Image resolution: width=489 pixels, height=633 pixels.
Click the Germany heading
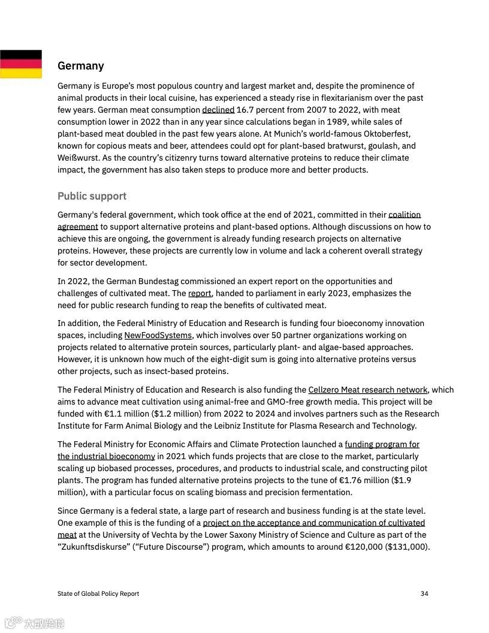pyautogui.click(x=80, y=66)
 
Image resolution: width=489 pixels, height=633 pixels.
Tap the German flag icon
pyautogui.click(x=21, y=64)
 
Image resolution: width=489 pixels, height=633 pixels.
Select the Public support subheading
pyautogui.click(x=92, y=196)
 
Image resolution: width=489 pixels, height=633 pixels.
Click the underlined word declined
pyautogui.click(x=218, y=110)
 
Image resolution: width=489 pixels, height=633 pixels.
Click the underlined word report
pyautogui.click(x=200, y=293)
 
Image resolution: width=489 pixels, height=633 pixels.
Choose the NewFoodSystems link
pyautogui.click(x=158, y=335)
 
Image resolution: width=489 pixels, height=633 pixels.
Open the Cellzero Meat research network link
pyautogui.click(x=367, y=390)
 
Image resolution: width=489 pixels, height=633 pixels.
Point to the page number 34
pyautogui.click(x=424, y=593)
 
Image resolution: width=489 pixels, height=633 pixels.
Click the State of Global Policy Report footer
pyautogui.click(x=98, y=593)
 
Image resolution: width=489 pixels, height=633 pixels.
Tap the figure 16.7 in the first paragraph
pyautogui.click(x=245, y=110)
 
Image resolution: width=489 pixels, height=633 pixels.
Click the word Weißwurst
pyautogui.click(x=79, y=158)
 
